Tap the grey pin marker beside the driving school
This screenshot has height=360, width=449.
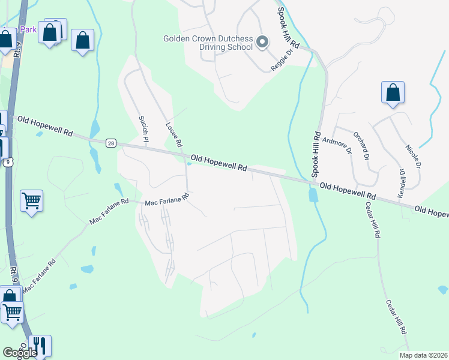point(262,42)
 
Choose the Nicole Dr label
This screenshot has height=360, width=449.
point(414,156)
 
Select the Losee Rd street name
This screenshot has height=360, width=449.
point(173,134)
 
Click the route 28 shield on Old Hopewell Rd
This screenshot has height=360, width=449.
point(110,143)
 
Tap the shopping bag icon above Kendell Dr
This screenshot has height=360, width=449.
point(393,93)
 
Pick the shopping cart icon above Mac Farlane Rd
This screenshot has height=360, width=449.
point(31,201)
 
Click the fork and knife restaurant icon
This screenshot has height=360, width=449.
point(40,345)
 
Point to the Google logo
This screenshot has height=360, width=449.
point(19,353)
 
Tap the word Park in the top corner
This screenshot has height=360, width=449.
point(28,29)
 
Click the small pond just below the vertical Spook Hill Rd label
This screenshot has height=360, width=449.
point(313,195)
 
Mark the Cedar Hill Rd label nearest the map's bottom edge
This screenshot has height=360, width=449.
point(396,317)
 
